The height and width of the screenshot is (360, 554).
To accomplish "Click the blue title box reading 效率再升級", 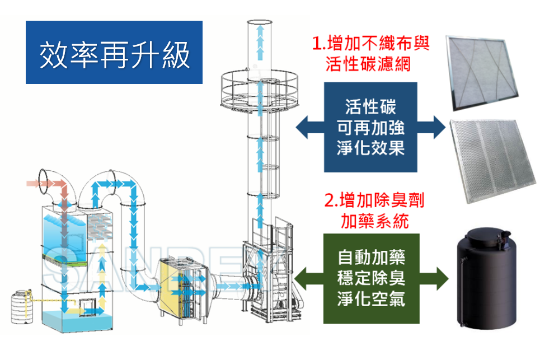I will click(114, 53).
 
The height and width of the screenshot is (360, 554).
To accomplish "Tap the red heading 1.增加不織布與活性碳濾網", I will click(371, 54).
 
